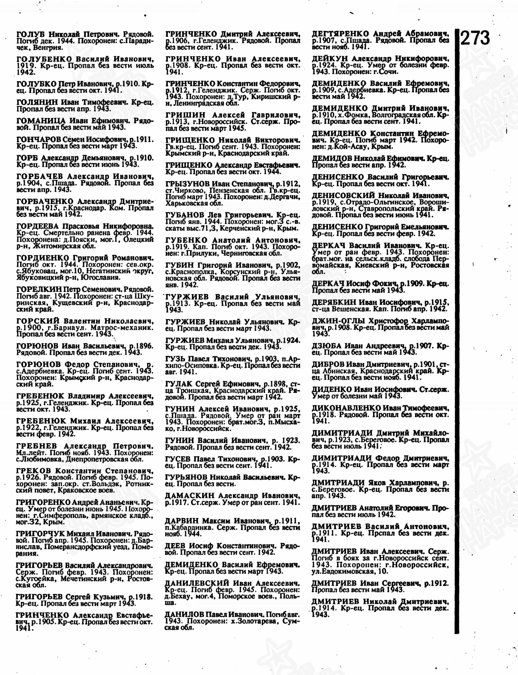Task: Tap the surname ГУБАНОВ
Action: click(x=185, y=215)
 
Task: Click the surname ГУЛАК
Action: click(x=179, y=384)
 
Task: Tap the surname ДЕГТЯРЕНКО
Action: click(x=340, y=34)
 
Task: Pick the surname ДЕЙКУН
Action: click(x=330, y=59)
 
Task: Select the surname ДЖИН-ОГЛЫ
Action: click(x=338, y=321)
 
